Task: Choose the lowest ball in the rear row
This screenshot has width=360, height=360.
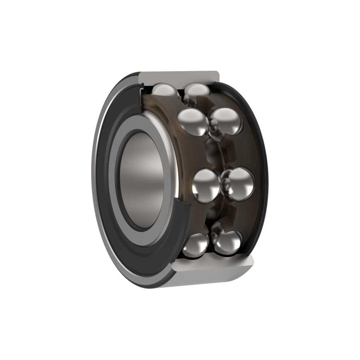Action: pyautogui.click(x=227, y=242)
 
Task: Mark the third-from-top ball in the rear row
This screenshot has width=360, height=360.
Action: pyautogui.click(x=238, y=184)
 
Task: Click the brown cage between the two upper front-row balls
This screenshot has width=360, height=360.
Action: pyautogui.click(x=173, y=104)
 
